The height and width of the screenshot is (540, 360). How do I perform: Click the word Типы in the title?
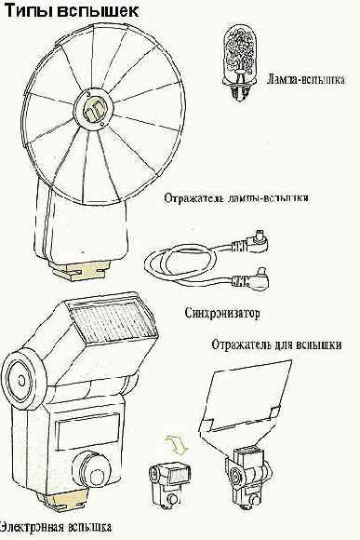(x=28, y=10)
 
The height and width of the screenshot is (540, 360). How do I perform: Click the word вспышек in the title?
(x=98, y=10)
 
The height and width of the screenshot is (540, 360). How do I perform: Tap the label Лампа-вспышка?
(x=306, y=79)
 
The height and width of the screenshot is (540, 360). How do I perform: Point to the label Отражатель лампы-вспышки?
(x=236, y=198)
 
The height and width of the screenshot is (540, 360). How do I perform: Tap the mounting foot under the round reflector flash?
(x=81, y=268)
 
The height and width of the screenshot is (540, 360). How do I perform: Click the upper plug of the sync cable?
(x=250, y=242)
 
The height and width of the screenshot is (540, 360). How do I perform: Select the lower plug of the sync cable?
(x=250, y=279)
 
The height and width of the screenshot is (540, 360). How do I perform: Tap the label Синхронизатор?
(x=222, y=313)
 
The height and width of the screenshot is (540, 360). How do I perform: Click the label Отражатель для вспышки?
(x=276, y=344)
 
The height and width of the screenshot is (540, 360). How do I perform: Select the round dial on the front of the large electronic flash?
(x=93, y=473)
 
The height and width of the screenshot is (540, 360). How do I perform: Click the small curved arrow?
(x=176, y=444)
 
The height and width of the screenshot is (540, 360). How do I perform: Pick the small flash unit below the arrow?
(x=169, y=485)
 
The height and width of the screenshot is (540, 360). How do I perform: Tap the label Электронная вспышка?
(x=55, y=527)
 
